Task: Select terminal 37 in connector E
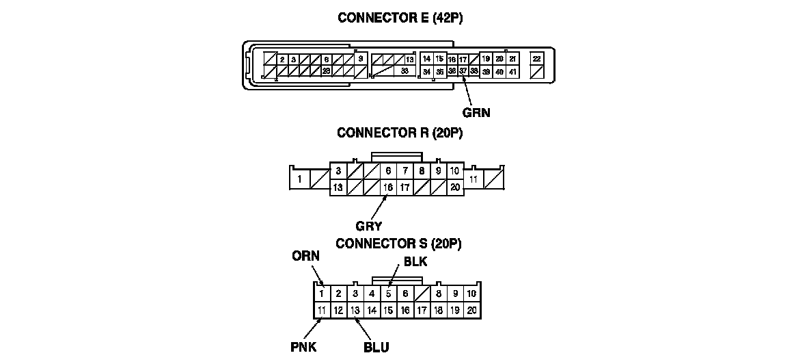point(463,71)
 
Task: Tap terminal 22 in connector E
point(537,60)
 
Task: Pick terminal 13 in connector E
point(409,60)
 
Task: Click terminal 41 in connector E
point(512,72)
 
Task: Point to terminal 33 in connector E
point(405,71)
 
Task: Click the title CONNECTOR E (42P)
point(400,18)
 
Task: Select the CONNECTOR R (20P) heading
point(400,133)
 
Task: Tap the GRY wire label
point(368,225)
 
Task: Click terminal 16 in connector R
point(388,187)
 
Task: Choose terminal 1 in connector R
point(300,180)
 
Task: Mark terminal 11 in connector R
point(474,179)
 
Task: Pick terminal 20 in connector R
point(455,187)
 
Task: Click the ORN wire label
point(305,257)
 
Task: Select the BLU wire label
point(376,348)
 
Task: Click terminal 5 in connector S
point(388,294)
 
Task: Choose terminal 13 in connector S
point(355,311)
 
